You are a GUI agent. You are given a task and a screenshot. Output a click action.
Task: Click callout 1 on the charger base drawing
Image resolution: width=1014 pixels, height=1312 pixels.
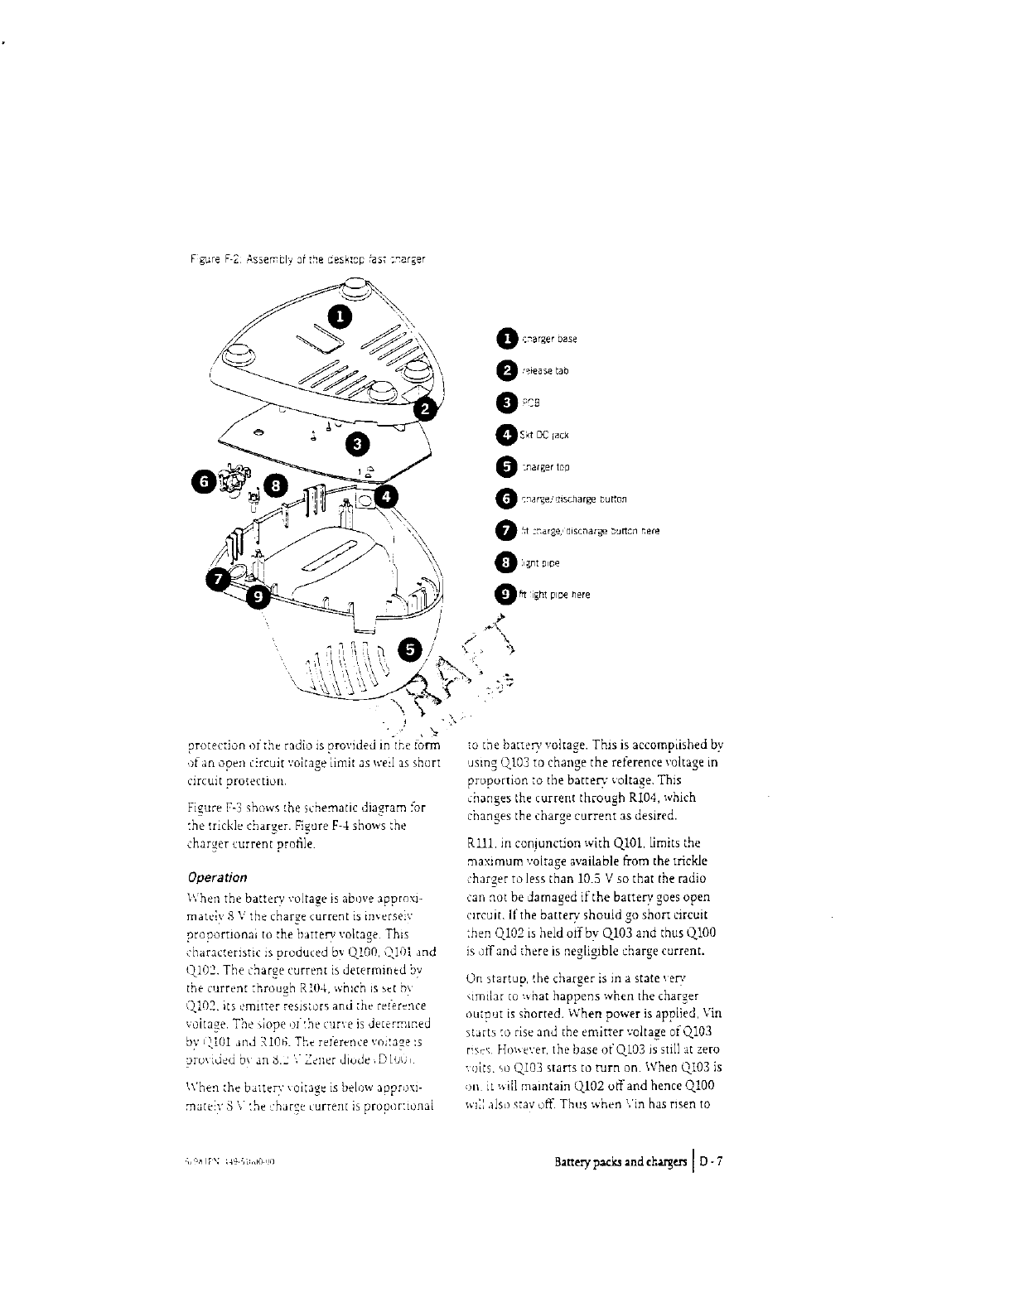[340, 316]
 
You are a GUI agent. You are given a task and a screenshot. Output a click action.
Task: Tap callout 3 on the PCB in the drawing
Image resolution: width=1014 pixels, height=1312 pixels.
[358, 445]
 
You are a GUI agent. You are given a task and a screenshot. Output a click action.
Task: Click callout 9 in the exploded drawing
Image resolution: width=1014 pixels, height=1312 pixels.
[259, 594]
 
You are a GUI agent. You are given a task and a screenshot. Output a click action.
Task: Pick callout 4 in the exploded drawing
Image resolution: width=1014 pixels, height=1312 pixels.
[386, 497]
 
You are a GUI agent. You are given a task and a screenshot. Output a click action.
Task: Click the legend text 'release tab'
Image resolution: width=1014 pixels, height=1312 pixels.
[544, 371]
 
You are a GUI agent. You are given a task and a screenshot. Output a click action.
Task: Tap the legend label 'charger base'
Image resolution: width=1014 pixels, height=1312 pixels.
[549, 339]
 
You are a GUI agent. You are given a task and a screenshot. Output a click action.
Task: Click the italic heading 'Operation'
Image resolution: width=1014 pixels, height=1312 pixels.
[217, 877]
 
